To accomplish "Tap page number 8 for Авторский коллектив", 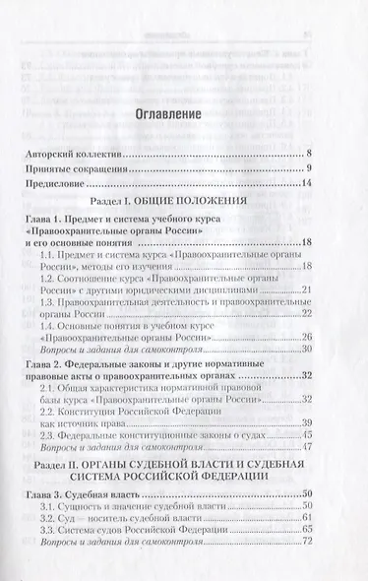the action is (308, 156).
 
